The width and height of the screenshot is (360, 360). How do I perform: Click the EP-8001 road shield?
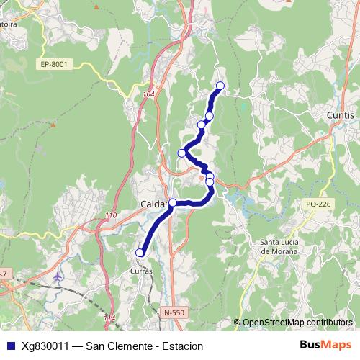coord(54,64)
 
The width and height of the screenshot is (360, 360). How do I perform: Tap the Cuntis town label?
coord(340,115)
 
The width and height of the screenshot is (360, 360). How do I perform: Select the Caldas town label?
coord(152,204)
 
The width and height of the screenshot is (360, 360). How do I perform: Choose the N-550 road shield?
coord(174,312)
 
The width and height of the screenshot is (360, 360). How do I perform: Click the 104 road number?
coord(148,94)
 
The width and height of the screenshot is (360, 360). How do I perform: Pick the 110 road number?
coord(110,216)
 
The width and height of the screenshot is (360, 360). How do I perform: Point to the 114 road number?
coord(109,318)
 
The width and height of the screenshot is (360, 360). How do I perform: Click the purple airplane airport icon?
coord(58,276)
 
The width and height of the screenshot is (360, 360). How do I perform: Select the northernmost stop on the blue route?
coord(220,86)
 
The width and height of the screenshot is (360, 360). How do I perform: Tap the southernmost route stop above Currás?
coord(140,253)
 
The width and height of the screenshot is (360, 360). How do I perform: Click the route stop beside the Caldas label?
coord(173,203)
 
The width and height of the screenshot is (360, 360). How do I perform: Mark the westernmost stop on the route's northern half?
coord(182,153)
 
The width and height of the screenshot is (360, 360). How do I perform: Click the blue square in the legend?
coord(10,346)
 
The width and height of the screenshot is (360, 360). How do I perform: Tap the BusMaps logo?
coord(325,345)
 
